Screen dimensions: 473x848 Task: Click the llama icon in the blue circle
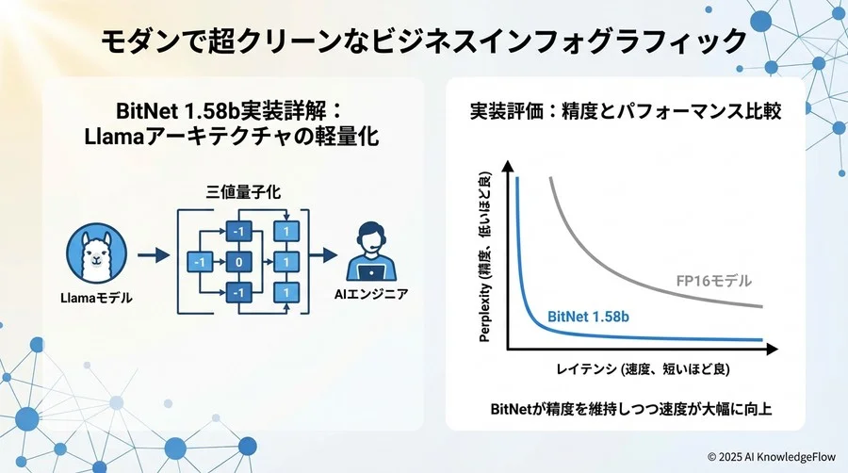point(97,254)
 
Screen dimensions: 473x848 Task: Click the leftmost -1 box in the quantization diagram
point(199,260)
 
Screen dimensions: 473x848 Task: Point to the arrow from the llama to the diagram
point(151,254)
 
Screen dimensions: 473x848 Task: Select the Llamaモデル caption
point(97,299)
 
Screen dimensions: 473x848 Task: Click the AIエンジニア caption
point(371,295)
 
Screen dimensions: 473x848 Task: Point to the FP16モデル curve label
point(714,281)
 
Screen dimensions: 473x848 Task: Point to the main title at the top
point(423,41)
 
